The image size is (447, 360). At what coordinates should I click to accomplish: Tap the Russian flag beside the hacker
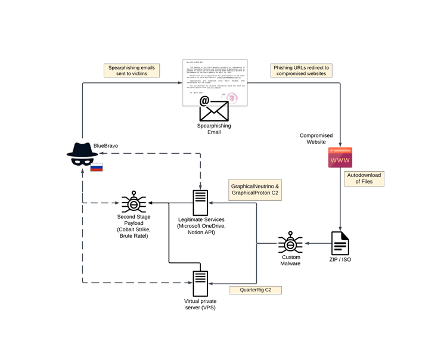97,167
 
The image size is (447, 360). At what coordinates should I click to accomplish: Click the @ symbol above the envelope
204,101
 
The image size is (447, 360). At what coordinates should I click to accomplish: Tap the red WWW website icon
339,157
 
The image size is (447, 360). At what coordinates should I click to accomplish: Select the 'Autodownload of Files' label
364,178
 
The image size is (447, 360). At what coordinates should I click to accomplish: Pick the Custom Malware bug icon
290,244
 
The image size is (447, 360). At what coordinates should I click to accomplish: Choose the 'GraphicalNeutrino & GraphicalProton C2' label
255,191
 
